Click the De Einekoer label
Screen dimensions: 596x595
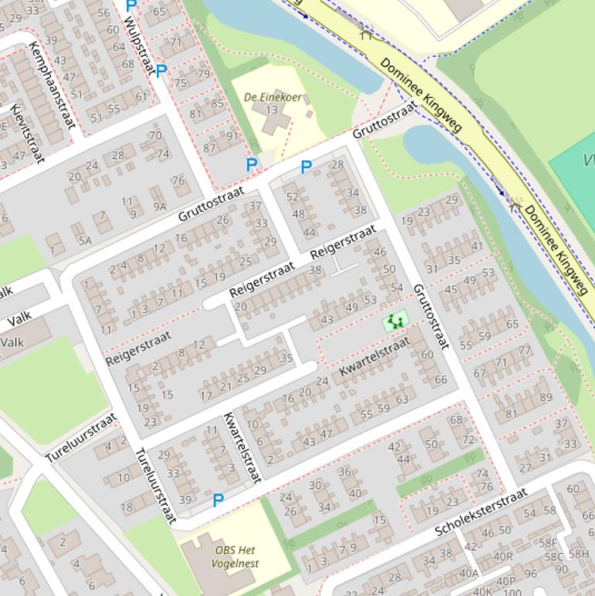click(272, 98)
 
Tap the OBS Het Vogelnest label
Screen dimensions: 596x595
click(237, 557)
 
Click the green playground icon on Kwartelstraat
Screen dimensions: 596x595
click(396, 321)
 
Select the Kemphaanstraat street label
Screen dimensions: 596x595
click(50, 85)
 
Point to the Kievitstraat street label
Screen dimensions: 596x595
click(28, 134)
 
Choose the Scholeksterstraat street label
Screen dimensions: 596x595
click(480, 512)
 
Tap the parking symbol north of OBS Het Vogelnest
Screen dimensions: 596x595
click(218, 501)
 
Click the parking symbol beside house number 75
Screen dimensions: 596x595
click(161, 71)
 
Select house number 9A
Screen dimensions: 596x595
click(159, 206)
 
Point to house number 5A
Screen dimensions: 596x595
click(84, 241)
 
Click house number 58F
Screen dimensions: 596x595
click(548, 543)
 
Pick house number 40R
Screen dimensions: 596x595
click(503, 556)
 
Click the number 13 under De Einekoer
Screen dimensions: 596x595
click(272, 110)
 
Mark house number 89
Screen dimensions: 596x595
click(546, 398)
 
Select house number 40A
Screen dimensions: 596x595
click(469, 574)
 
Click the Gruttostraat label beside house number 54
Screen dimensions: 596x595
click(430, 316)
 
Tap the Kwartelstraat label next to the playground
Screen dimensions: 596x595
click(374, 358)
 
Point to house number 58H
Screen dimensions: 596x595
click(579, 554)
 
